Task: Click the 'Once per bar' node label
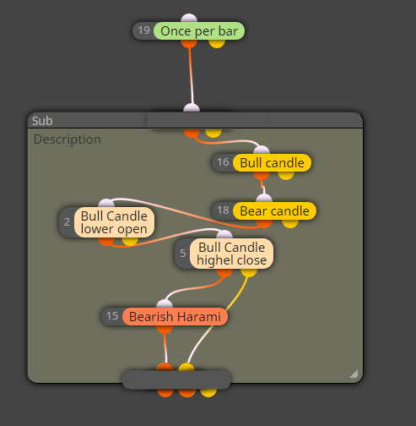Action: [x=199, y=31]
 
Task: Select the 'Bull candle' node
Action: [x=272, y=163]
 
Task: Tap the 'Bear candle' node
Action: [x=274, y=211]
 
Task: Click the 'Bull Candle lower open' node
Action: [x=114, y=222]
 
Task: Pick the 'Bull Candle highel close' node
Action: [x=231, y=254]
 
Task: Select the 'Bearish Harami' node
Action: [x=175, y=317]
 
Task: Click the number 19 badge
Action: [x=143, y=30]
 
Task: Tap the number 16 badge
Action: [x=223, y=162]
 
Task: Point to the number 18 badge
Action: [x=223, y=210]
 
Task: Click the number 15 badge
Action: [x=112, y=316]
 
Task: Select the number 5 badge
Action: [x=183, y=254]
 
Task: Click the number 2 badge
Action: [x=67, y=222]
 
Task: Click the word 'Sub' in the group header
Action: [x=42, y=121]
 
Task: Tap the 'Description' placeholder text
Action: [x=68, y=139]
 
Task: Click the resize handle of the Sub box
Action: [x=354, y=374]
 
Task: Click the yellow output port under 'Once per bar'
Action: [x=217, y=44]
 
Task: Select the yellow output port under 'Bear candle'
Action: [x=290, y=224]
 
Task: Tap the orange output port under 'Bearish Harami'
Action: [x=165, y=330]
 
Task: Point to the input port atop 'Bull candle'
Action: [x=262, y=150]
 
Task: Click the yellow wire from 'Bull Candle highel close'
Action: [x=220, y=319]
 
